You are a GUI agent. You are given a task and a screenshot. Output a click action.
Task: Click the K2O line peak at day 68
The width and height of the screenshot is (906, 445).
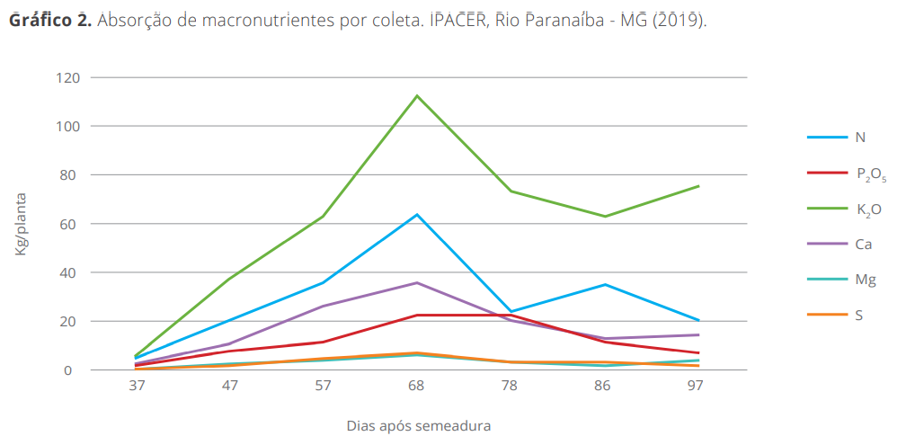point(417,96)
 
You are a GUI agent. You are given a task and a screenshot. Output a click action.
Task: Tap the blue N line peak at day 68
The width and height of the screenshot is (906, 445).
point(417,215)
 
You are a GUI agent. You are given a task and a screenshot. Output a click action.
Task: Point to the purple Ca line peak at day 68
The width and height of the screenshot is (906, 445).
point(417,282)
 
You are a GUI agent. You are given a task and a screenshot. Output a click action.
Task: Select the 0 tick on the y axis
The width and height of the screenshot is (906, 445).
point(76,369)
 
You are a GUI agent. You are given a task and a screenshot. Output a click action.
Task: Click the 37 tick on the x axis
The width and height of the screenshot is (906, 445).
point(137,386)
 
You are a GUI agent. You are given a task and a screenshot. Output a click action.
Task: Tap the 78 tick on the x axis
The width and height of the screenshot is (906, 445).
point(511,386)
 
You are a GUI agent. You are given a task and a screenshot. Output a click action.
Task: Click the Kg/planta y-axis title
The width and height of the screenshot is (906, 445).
point(22,223)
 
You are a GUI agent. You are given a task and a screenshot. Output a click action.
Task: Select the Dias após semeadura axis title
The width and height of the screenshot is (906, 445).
point(418,425)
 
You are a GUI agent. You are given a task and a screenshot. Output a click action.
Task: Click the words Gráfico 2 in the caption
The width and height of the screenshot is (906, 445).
point(49,20)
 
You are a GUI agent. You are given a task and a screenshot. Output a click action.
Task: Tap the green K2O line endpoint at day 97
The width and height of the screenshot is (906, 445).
point(698,186)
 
